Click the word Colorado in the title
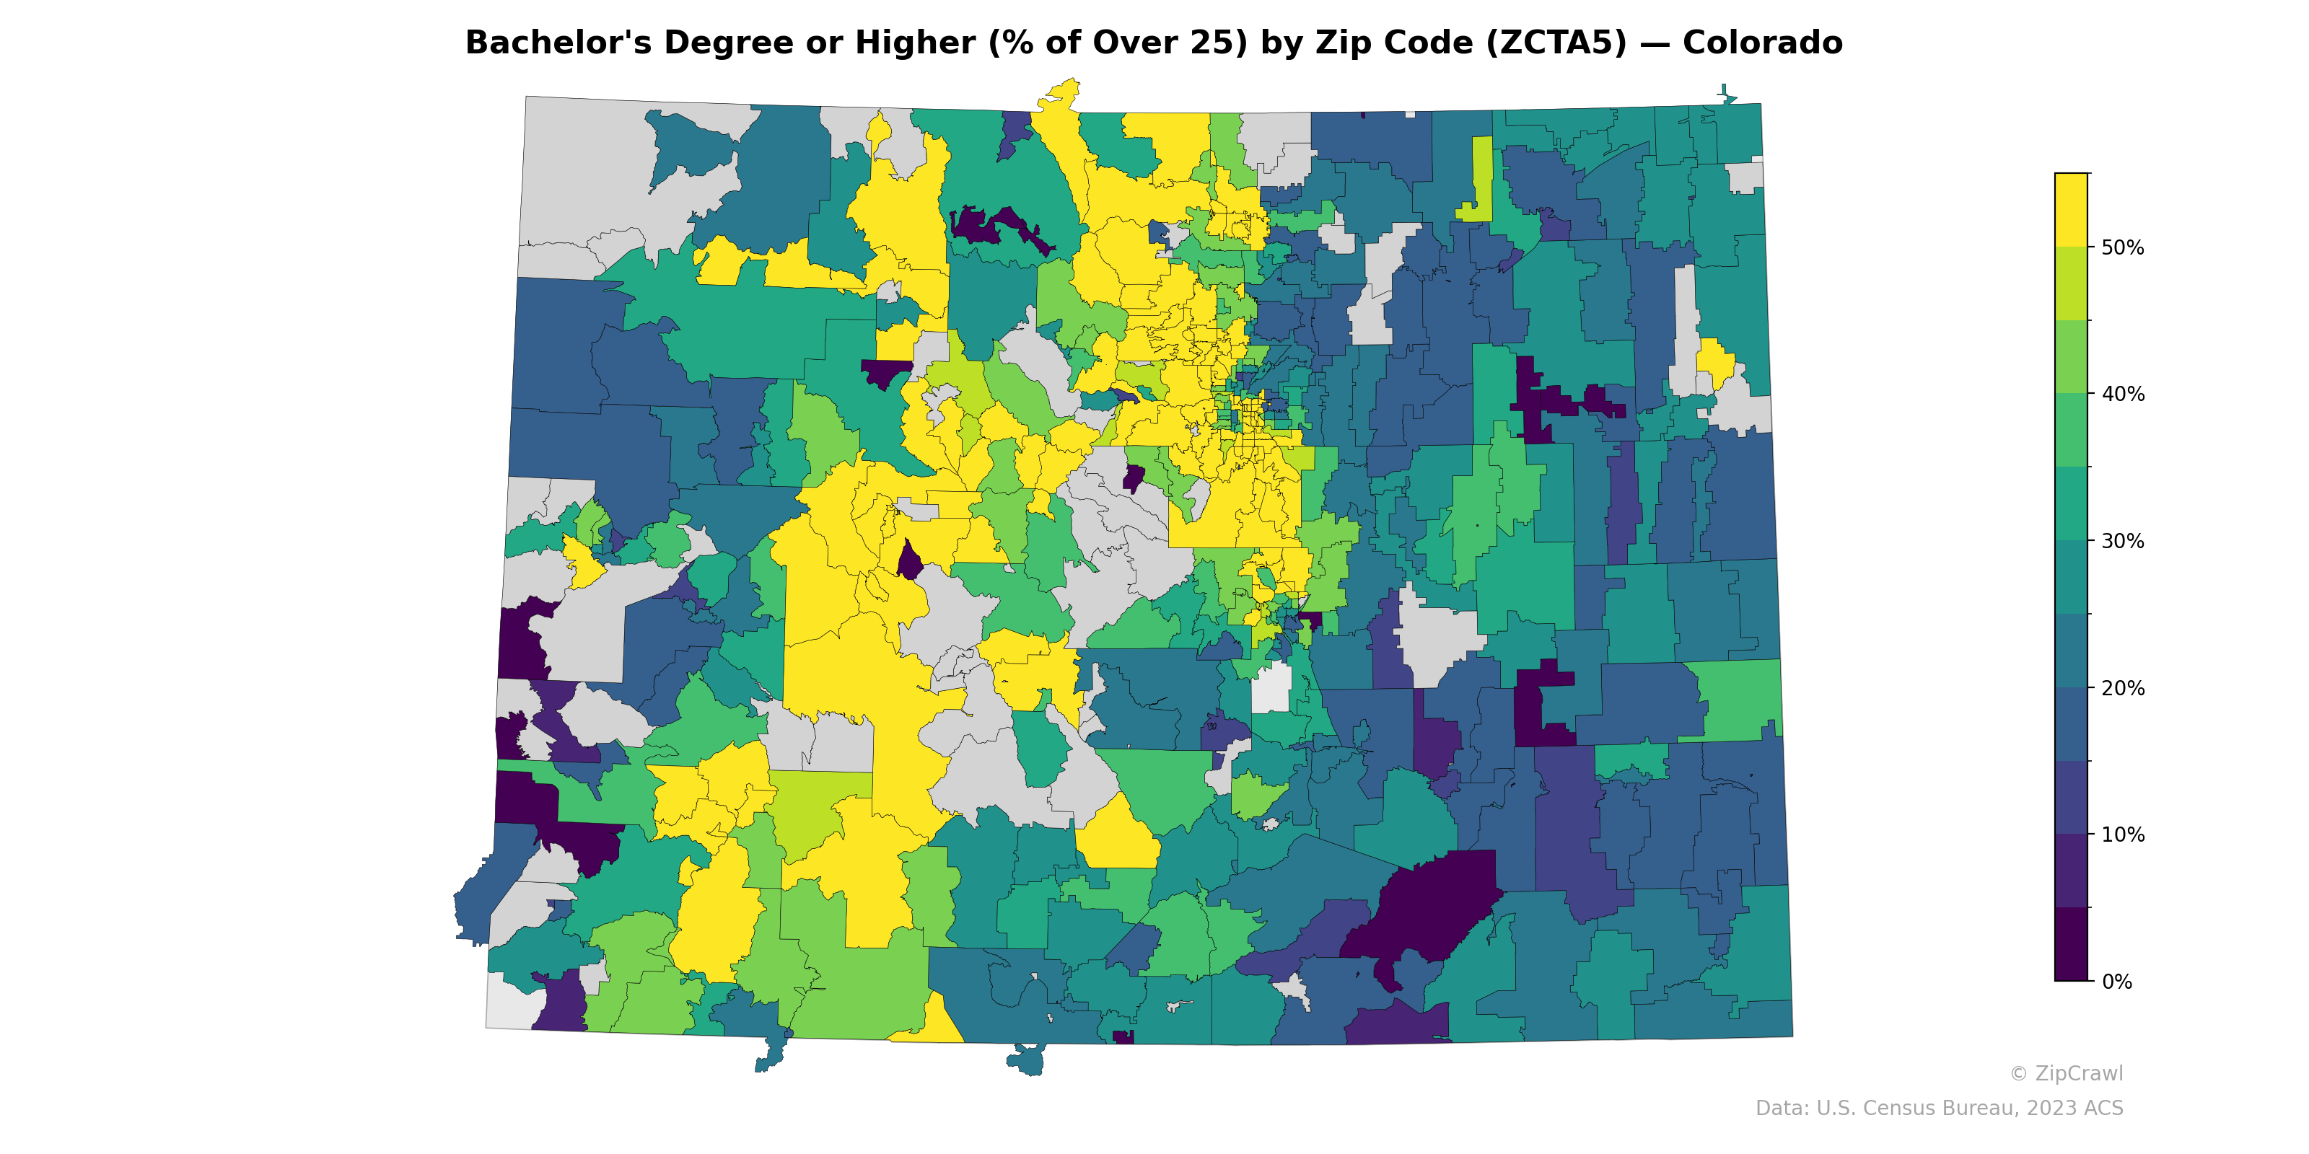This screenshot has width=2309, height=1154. pos(1761,43)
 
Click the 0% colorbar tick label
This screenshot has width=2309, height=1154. pos(2116,982)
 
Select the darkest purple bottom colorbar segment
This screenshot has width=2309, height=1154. pos(2071,946)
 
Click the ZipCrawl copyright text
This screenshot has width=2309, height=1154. pos(2065,1073)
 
